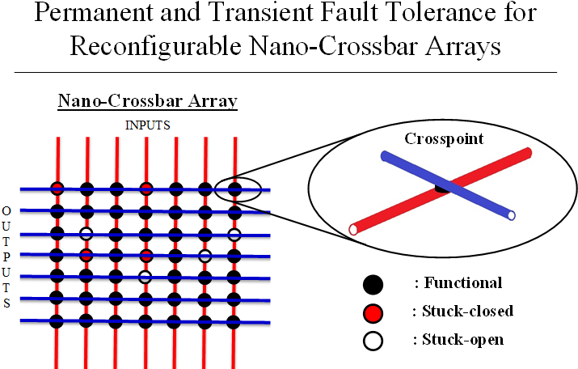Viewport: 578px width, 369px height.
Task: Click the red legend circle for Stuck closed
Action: [x=373, y=312]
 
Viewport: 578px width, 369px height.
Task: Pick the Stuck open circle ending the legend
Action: [x=373, y=340]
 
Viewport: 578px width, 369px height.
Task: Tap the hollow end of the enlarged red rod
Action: [x=353, y=231]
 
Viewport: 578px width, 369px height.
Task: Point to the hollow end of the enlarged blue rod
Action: [x=510, y=216]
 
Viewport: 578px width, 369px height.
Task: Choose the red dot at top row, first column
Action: [x=57, y=189]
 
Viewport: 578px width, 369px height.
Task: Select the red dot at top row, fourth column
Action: [x=146, y=189]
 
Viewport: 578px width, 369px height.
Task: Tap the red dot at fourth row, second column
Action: [x=86, y=256]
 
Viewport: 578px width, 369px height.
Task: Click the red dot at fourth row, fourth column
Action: [x=146, y=257]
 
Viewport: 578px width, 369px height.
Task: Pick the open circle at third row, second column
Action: [x=86, y=234]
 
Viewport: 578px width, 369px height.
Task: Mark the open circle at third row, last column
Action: [x=234, y=235]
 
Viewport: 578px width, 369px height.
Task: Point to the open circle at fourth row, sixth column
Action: [x=205, y=256]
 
